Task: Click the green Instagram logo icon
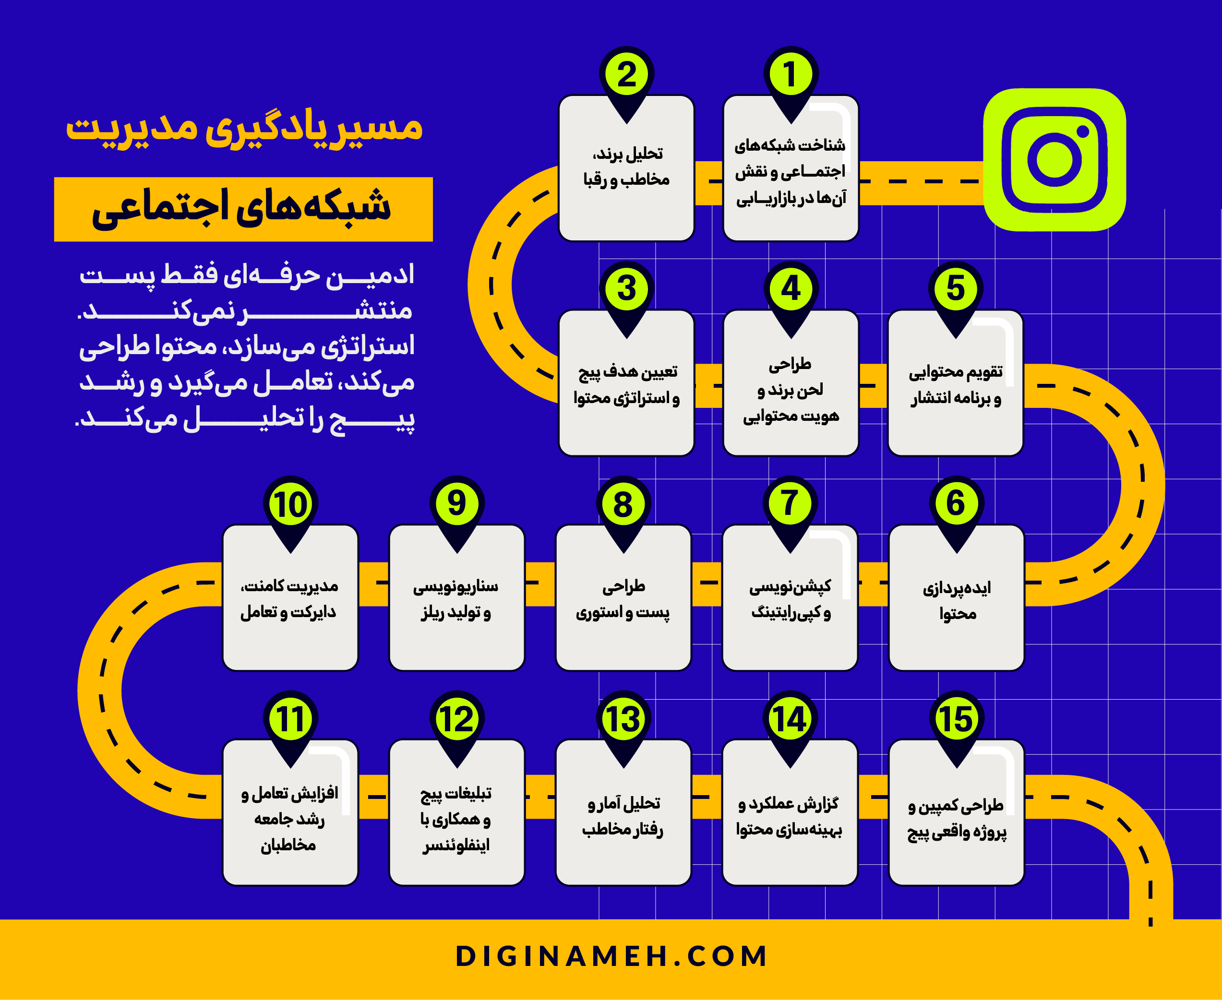(x=1054, y=160)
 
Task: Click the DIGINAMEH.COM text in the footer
(x=611, y=956)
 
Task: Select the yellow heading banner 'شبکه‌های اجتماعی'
(x=243, y=209)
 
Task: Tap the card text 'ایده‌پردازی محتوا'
(x=957, y=601)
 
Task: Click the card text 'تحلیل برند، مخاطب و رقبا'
(x=626, y=167)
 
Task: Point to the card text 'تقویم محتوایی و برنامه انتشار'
(x=956, y=385)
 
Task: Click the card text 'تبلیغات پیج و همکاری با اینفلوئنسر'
(x=455, y=819)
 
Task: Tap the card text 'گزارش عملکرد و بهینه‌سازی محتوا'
(x=789, y=817)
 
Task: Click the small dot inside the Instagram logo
(x=1083, y=131)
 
